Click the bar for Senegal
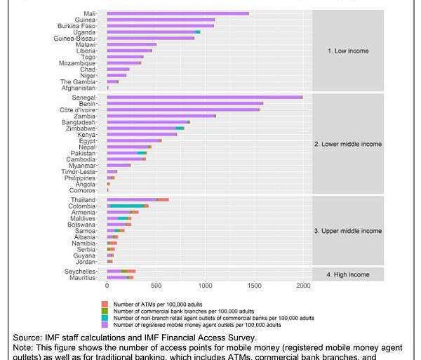[x=203, y=98]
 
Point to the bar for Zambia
[x=161, y=116]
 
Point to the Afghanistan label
[x=79, y=88]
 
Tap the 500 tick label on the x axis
[x=156, y=286]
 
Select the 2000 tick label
[x=303, y=286]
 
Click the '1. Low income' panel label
[x=347, y=51]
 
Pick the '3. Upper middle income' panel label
[x=347, y=231]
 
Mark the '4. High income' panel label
[x=347, y=274]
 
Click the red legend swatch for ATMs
[x=105, y=302]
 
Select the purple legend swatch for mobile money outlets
[x=105, y=326]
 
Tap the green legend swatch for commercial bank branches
[x=105, y=310]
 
